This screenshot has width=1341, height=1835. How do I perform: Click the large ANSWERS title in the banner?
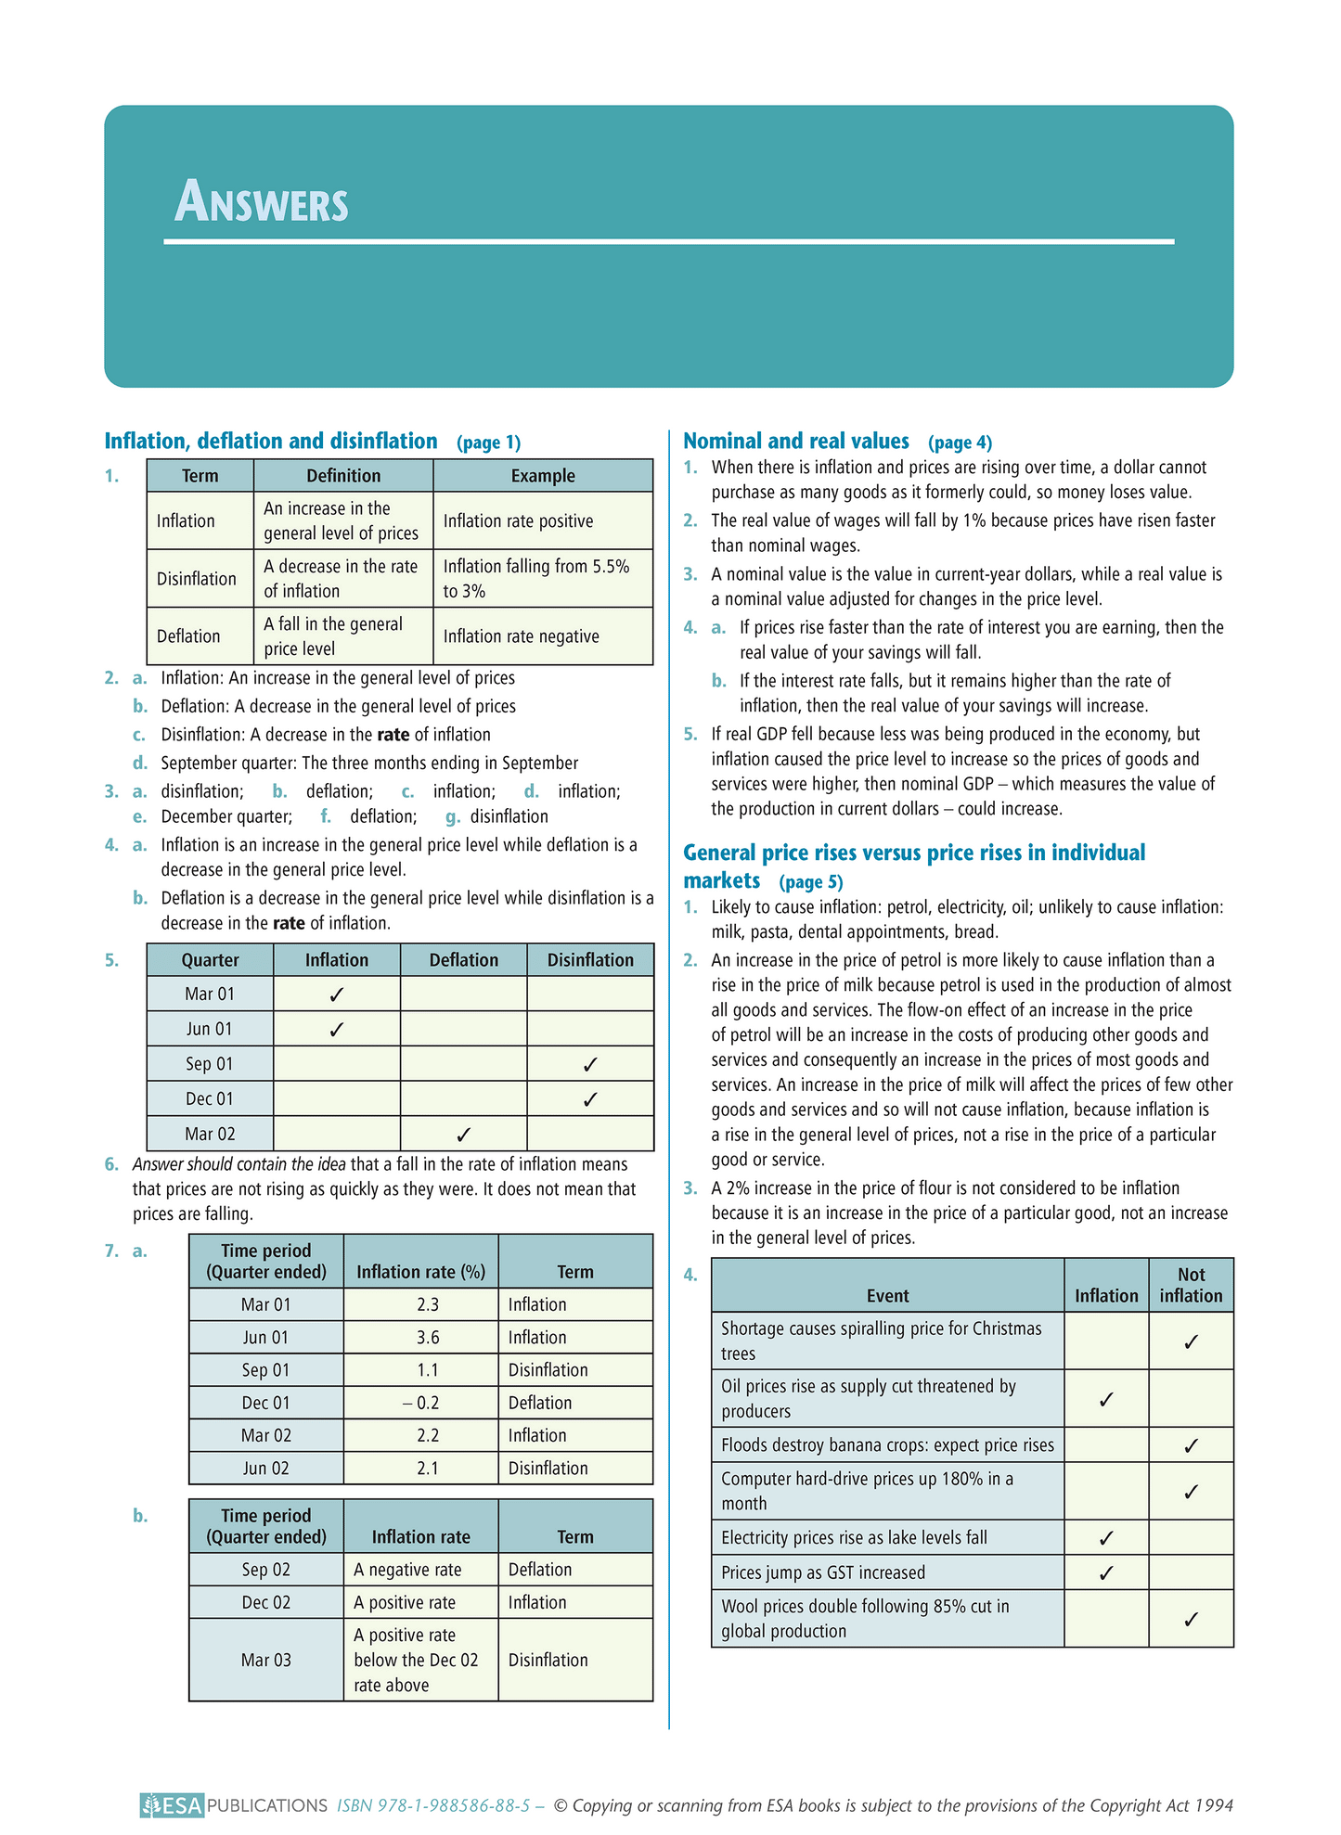tap(262, 202)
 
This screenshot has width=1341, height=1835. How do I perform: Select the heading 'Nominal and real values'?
tap(795, 441)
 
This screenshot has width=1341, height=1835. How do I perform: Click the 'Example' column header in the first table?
tap(543, 476)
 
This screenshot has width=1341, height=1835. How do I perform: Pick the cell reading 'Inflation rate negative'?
tap(521, 636)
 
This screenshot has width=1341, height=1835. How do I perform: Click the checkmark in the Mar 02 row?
tap(464, 1134)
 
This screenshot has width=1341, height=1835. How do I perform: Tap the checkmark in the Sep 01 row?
tap(590, 1064)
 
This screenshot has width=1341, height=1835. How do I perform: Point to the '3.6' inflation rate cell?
tap(428, 1337)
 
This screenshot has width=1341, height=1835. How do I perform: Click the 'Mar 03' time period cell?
tap(266, 1660)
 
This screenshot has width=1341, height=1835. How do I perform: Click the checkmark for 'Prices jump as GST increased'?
tap(1105, 1572)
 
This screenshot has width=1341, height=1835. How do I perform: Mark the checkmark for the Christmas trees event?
tap(1192, 1341)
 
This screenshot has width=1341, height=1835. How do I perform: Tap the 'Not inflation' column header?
tap(1191, 1285)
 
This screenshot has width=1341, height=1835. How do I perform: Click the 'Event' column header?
tap(887, 1296)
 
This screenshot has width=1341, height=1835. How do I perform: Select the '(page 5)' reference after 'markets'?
tap(810, 881)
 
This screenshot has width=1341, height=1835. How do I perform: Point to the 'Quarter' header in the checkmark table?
tap(210, 960)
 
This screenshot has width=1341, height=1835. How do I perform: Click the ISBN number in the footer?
tap(433, 1805)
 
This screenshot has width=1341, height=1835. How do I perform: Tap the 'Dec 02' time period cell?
tap(266, 1602)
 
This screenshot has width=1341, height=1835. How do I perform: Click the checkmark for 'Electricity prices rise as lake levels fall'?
tap(1105, 1538)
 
